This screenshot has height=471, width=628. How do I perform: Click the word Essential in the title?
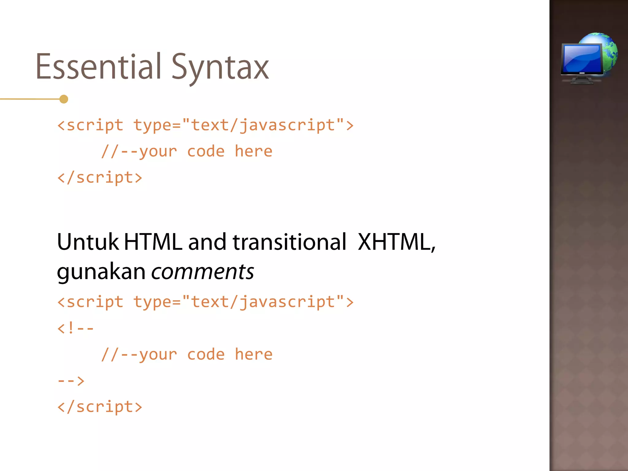[98, 67]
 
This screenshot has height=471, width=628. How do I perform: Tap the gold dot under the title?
[64, 99]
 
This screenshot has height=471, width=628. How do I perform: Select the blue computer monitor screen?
[581, 58]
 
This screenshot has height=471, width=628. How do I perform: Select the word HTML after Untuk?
[153, 242]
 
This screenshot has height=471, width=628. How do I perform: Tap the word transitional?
[289, 242]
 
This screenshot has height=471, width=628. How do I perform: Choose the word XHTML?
[396, 242]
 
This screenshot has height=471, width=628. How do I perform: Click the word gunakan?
[101, 272]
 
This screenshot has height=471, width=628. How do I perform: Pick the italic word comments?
[202, 272]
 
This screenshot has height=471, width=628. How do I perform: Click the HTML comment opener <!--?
[75, 328]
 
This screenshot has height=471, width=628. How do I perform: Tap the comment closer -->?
[71, 381]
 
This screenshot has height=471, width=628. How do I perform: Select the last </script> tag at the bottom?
[100, 407]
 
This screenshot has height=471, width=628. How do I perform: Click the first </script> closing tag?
[100, 178]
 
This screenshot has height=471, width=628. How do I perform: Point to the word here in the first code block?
[253, 151]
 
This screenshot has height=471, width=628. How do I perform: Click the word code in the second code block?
[206, 355]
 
